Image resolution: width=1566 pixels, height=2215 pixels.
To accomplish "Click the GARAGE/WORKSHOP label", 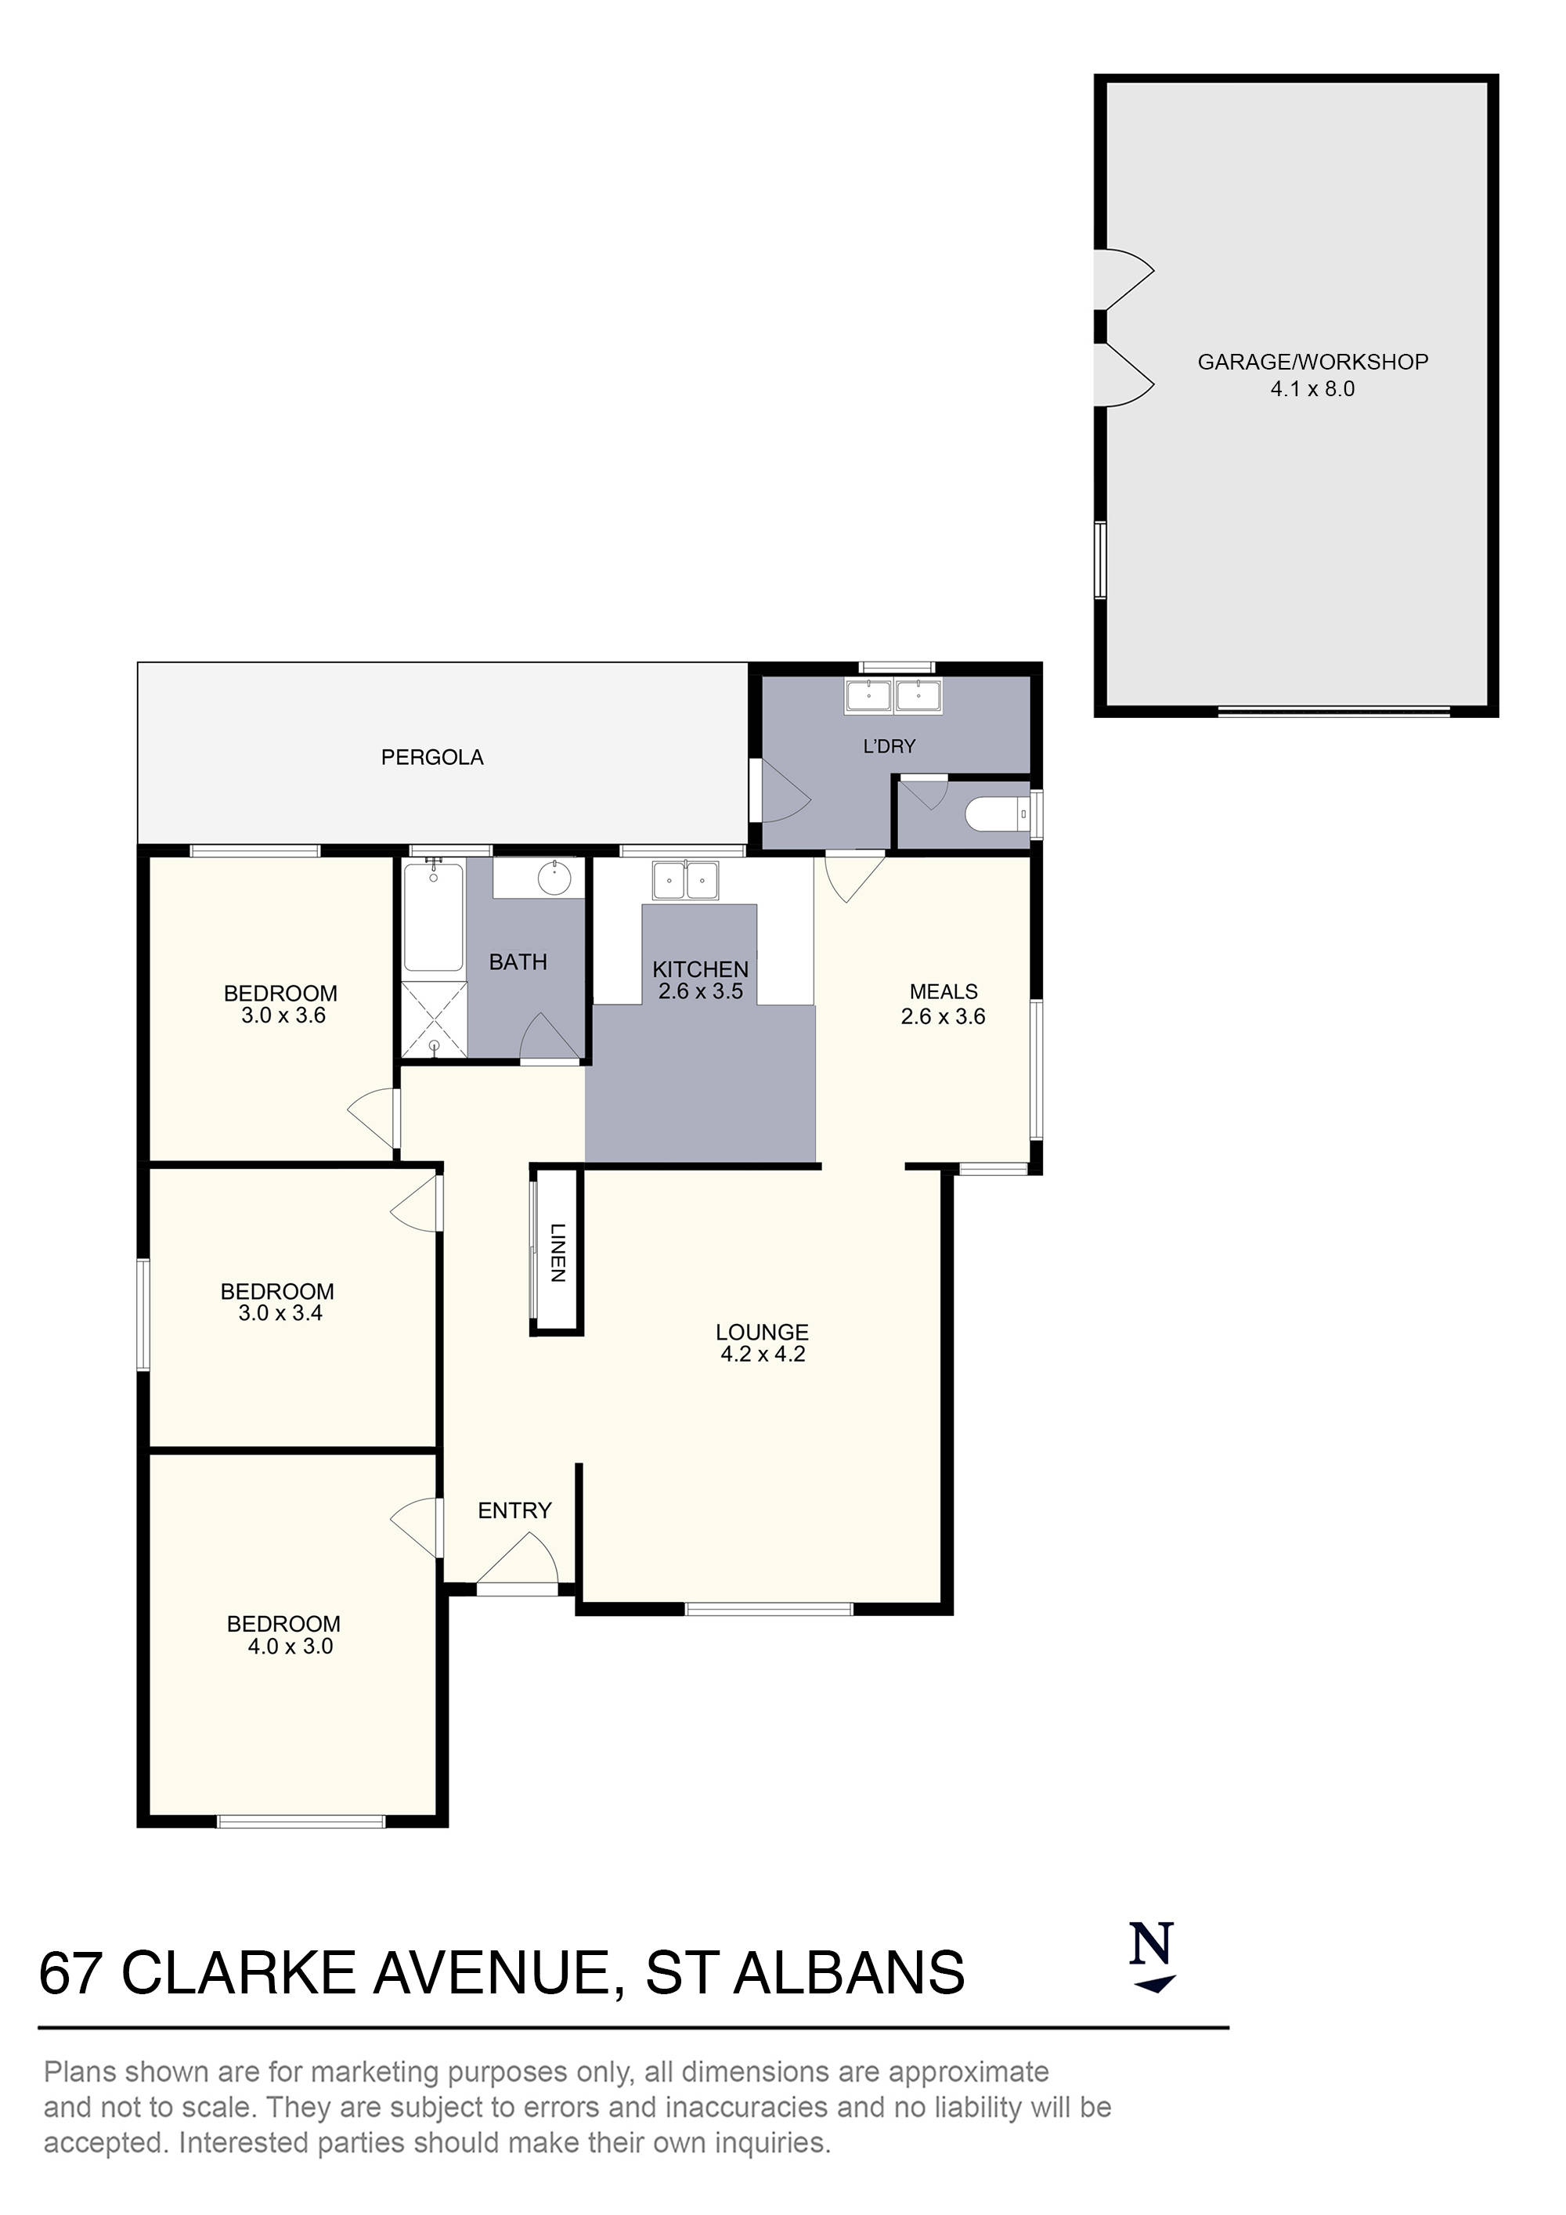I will click(x=1312, y=362).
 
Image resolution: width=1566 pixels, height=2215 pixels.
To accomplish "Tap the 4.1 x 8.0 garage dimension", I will click(x=1312, y=389).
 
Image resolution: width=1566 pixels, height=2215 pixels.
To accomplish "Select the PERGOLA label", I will click(x=432, y=757).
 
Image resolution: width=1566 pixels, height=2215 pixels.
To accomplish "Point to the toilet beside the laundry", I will click(x=997, y=815).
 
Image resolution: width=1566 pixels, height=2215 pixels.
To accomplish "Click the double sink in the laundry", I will click(x=893, y=695).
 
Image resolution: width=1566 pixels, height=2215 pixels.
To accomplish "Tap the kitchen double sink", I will click(x=685, y=880).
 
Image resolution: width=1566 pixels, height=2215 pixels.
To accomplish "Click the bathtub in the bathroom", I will click(x=433, y=917).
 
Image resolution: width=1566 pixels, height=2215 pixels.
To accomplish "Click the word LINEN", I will click(x=557, y=1252).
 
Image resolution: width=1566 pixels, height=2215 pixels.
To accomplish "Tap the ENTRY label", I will click(x=514, y=1511).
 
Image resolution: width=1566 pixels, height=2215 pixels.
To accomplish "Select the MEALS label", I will click(x=943, y=992).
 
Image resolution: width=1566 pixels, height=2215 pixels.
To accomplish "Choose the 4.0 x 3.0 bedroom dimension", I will click(x=290, y=1647).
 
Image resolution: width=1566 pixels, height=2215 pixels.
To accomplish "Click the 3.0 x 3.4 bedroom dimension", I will click(x=280, y=1313).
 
